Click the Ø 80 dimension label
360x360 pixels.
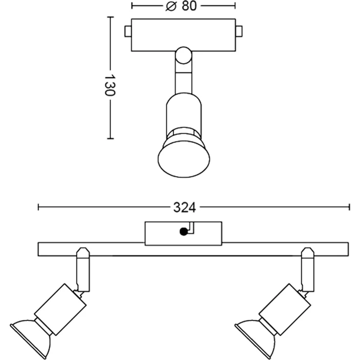point(183,6)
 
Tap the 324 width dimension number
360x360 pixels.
point(184,207)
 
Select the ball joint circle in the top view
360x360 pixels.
point(183,55)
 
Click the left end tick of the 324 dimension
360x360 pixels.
point(39,207)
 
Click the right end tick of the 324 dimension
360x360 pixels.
point(349,207)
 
